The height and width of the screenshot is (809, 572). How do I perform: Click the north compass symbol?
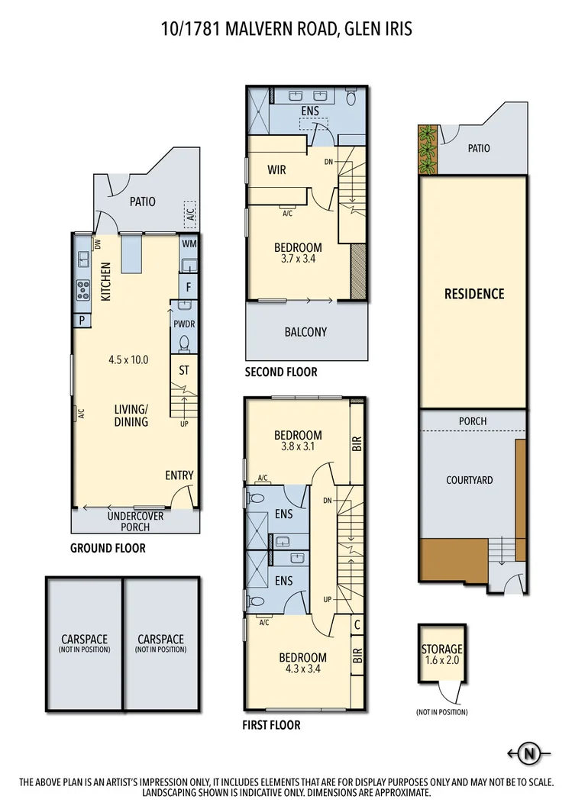point(528,754)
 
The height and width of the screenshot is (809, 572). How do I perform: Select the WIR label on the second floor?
point(276,169)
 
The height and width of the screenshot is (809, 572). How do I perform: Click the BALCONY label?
point(305,332)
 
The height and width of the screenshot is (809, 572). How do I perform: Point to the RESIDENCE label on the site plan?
point(474,294)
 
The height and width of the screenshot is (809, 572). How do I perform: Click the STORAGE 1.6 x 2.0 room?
point(441,655)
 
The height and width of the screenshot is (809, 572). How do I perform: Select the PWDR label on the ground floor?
point(184,324)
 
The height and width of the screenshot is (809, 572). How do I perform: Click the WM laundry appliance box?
point(189,244)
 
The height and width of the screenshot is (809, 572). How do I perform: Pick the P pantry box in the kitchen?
point(81,321)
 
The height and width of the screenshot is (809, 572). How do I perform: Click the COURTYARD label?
point(469,480)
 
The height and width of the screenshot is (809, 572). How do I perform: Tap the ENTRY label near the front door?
point(179,475)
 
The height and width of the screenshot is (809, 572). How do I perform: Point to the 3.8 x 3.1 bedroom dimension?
point(298,448)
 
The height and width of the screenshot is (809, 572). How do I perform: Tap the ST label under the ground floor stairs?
point(184,371)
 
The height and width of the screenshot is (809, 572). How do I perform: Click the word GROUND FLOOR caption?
point(108,548)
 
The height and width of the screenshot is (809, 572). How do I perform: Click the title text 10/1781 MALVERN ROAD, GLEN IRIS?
point(286,29)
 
